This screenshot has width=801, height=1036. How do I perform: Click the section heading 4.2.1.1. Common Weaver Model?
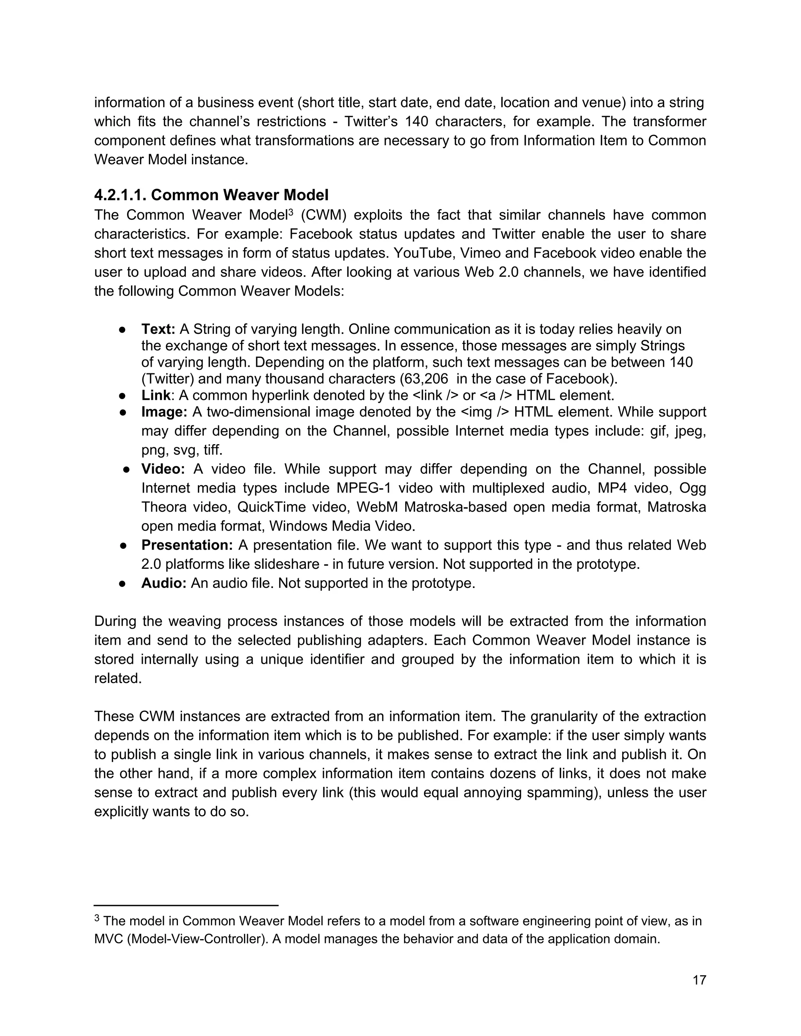tap(211, 195)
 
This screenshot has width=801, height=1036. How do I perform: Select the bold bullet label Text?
tap(158, 329)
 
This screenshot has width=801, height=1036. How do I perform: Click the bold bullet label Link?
tap(156, 395)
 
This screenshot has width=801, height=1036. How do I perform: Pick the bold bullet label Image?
tap(164, 412)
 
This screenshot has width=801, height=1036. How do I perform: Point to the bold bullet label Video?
tap(163, 469)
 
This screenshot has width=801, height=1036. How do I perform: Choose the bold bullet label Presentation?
tap(187, 545)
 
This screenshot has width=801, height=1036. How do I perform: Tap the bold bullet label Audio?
tap(164, 583)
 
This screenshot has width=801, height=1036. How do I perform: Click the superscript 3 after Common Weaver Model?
tap(291, 211)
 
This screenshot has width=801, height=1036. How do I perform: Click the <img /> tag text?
tap(485, 412)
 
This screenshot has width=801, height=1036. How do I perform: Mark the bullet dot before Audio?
tap(122, 583)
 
